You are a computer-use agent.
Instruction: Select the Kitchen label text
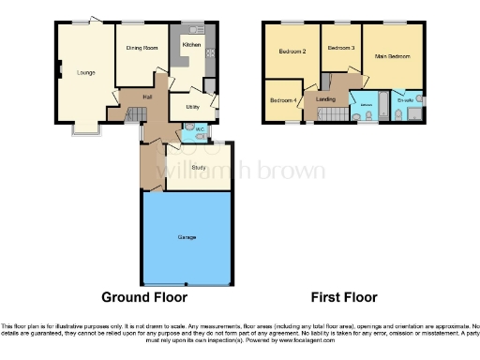[x=191, y=45]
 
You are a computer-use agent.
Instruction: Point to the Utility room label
[x=193, y=108]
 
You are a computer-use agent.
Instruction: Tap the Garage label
[x=187, y=237]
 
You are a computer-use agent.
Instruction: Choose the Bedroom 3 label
[x=340, y=47]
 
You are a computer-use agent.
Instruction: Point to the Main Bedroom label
[x=393, y=57]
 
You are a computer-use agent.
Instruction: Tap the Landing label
[x=325, y=98]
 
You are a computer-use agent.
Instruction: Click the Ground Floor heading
[x=144, y=297]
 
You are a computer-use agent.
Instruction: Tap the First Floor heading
[x=344, y=297]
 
